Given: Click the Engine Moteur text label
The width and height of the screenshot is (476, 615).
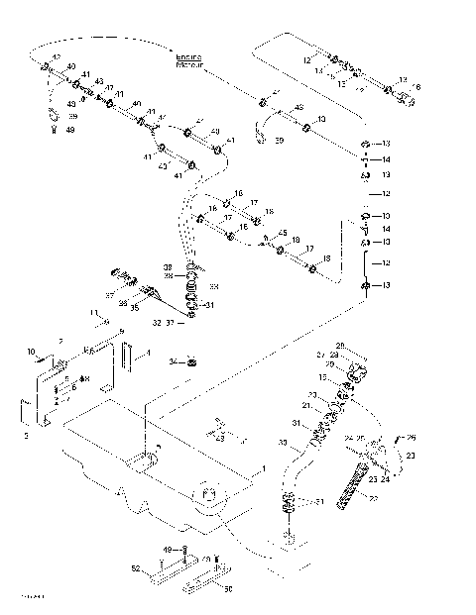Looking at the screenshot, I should (188, 60).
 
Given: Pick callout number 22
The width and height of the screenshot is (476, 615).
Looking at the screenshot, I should (373, 501).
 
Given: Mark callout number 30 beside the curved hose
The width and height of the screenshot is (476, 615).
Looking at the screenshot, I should (283, 442).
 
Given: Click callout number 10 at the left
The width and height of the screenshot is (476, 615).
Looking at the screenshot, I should (31, 352).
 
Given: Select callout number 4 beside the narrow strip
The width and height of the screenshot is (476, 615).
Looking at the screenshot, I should (149, 353).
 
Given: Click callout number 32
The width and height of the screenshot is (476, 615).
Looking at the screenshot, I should (157, 322).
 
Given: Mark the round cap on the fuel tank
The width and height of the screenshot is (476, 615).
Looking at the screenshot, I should (209, 494).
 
